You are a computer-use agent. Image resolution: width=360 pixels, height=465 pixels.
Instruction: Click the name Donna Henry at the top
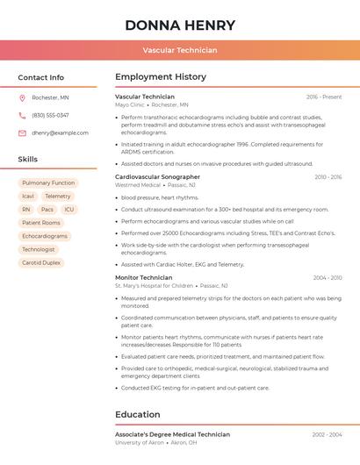pos(180,25)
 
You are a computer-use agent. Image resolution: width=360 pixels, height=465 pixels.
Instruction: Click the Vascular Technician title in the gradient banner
pos(180,50)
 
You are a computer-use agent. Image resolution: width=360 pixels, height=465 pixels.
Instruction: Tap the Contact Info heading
pos(40,77)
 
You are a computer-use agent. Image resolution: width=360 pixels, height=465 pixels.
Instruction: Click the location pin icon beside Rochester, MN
pos(22,97)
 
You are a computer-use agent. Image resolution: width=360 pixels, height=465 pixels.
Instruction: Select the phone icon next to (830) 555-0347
pos(22,115)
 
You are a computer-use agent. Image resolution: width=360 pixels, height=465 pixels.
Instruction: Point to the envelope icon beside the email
pos(22,132)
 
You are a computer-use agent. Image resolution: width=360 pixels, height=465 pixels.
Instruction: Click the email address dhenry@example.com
pos(60,132)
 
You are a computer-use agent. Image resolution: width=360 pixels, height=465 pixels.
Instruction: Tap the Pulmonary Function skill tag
pos(48,182)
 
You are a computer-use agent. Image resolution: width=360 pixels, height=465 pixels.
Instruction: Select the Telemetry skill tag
pos(58,197)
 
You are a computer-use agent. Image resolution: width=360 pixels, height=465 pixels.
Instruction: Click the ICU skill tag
pos(69,210)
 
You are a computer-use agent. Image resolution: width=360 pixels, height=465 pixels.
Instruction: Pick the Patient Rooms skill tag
pos(41,223)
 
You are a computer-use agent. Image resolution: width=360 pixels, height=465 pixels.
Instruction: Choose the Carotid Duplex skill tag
pos(41,262)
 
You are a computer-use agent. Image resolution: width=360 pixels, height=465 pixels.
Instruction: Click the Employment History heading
pos(161,77)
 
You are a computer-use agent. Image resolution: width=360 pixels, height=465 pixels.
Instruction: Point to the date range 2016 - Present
pos(324,97)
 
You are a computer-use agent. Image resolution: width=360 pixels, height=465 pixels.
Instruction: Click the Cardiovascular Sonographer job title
pos(157,176)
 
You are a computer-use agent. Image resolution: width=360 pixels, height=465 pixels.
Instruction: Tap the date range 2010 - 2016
pos(328,177)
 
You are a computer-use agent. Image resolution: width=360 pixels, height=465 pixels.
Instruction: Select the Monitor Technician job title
pos(143,277)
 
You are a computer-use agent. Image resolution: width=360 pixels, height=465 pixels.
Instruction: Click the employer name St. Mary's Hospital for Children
pos(154,286)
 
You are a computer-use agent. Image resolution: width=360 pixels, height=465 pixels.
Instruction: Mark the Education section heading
pos(137,414)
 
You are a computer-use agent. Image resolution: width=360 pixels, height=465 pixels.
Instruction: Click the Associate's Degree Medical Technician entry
pos(172,434)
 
